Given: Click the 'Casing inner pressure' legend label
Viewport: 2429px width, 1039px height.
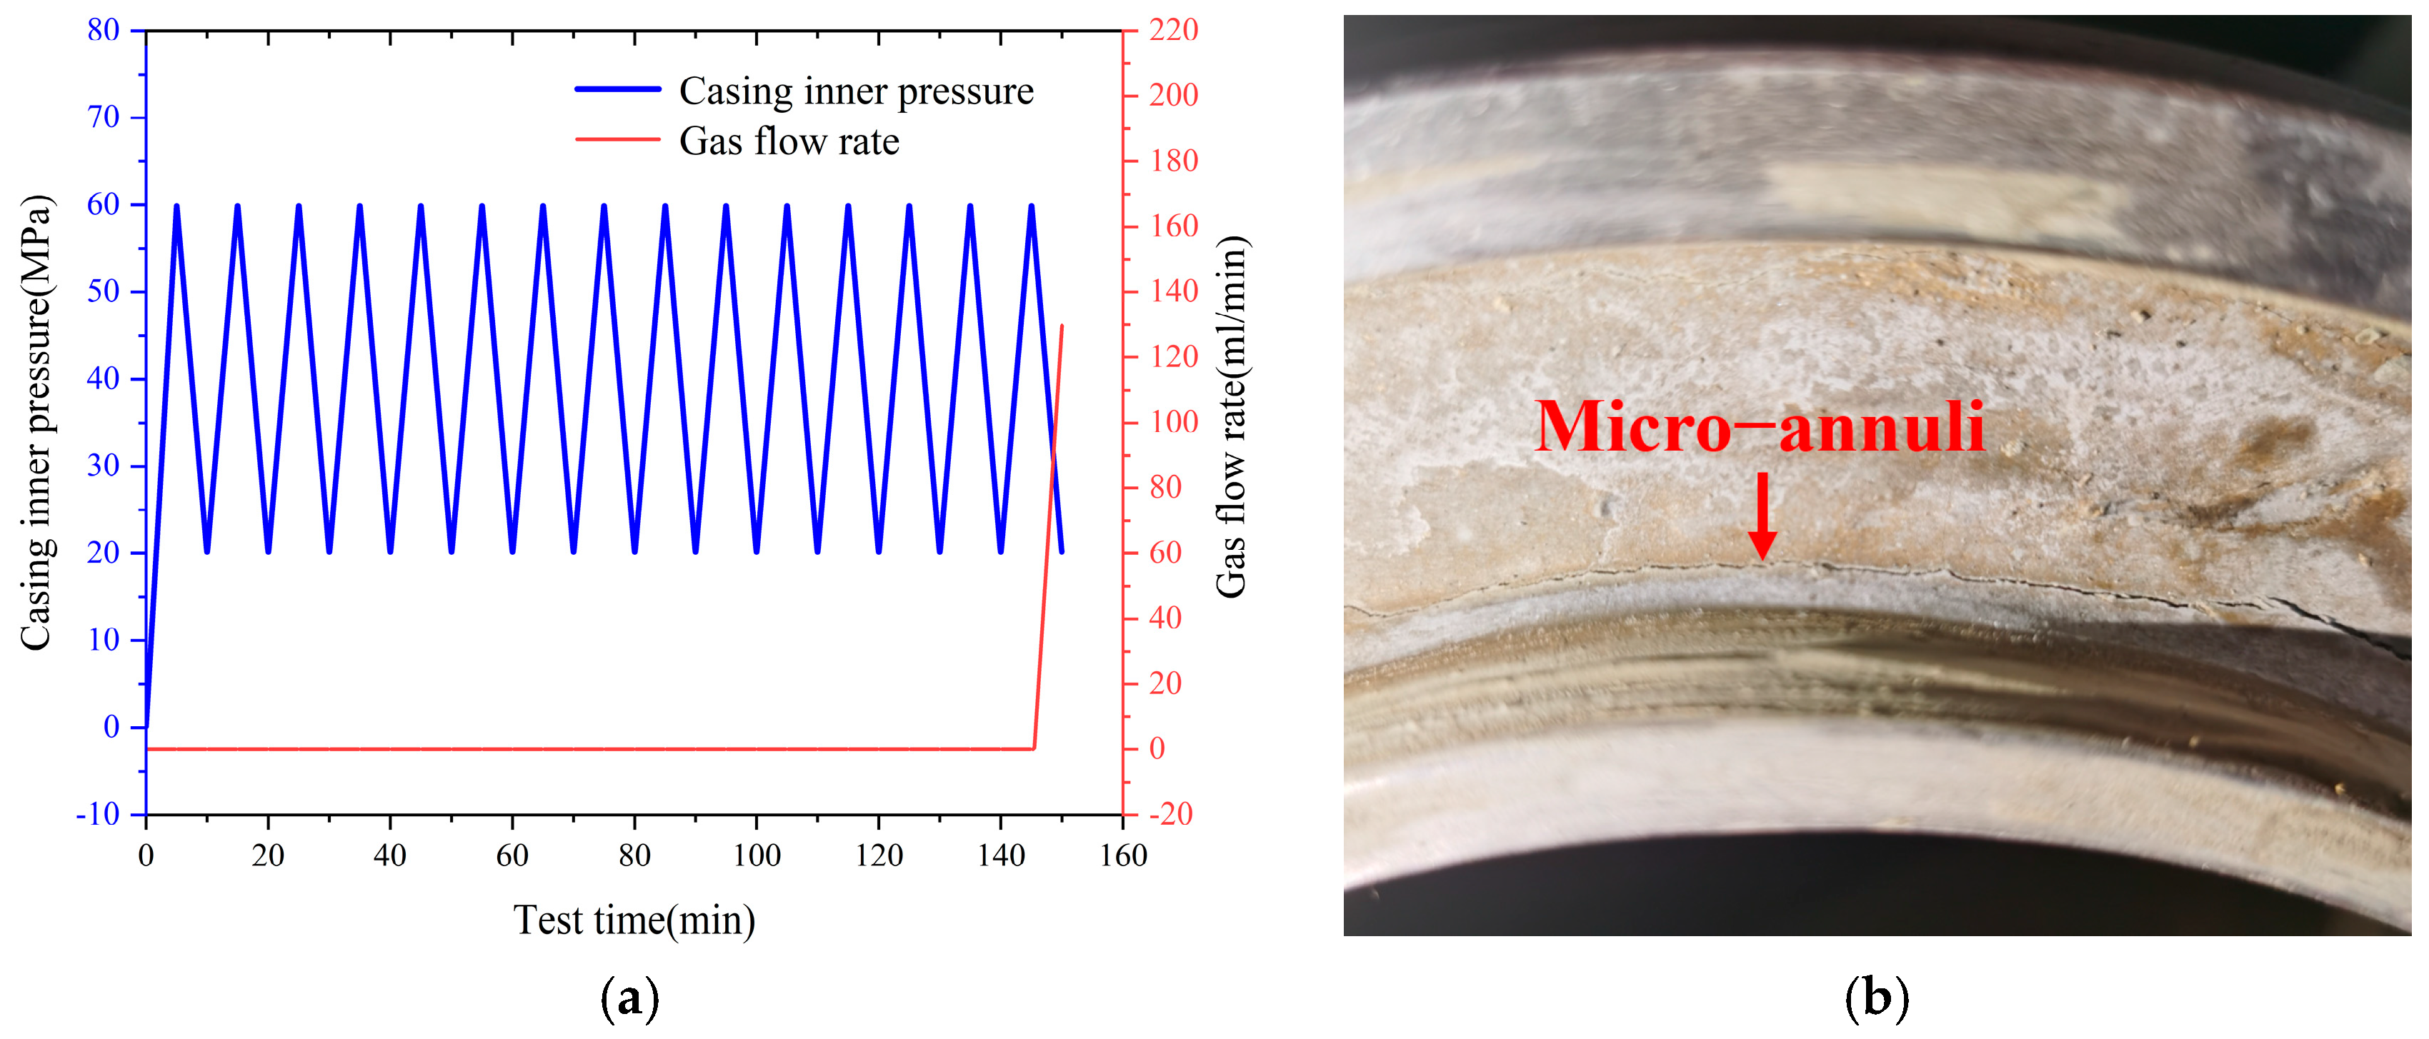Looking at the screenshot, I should [x=855, y=91].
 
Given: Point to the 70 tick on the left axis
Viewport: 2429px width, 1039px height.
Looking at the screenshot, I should [x=104, y=117].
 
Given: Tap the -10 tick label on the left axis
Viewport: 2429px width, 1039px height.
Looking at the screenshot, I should [x=98, y=813].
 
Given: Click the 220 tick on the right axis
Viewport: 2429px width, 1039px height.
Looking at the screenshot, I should [x=1173, y=30].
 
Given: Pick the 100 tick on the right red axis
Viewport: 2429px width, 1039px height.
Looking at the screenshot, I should [x=1173, y=421].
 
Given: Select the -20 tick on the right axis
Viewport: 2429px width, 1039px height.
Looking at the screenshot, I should [x=1170, y=813].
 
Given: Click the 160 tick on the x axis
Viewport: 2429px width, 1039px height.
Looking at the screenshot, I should [x=1123, y=856].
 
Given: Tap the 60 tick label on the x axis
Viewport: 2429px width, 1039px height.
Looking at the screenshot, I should [x=512, y=856].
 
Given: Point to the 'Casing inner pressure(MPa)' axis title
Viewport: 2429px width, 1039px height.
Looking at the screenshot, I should [x=36, y=423].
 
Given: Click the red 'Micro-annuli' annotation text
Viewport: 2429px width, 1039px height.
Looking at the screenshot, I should [x=1760, y=426].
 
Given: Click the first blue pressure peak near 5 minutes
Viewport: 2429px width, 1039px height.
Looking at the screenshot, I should [x=176, y=206].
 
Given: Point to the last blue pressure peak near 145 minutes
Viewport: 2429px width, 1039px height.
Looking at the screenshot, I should [x=1032, y=206].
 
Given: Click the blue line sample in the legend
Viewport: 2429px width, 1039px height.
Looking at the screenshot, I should [x=618, y=89].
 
